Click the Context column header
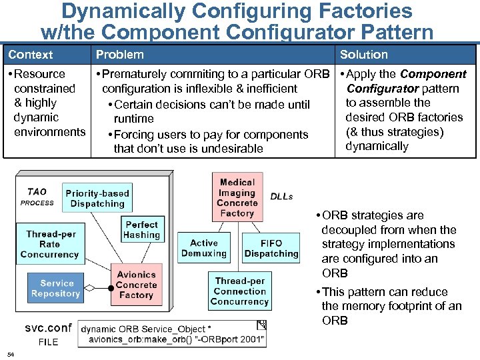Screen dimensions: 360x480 31,55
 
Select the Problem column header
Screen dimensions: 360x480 119,55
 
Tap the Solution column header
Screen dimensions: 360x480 363,55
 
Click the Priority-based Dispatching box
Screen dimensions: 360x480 97,199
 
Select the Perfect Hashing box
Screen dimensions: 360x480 141,230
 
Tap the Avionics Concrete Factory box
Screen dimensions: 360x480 136,285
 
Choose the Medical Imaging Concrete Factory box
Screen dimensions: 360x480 237,198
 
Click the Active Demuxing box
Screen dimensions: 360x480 203,249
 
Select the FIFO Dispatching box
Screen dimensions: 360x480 271,249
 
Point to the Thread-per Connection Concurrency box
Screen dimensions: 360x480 239,291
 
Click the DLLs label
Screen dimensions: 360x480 281,197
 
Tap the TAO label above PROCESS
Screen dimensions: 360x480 37,192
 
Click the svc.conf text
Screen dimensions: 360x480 48,328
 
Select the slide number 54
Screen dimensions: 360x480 11,353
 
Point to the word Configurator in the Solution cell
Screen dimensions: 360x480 382,89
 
